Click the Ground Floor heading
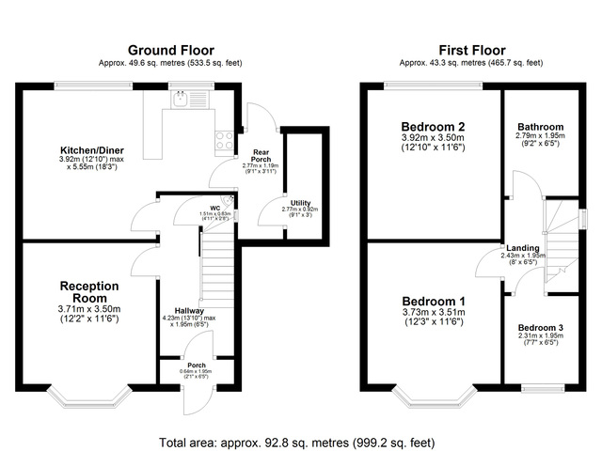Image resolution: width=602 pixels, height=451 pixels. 170,50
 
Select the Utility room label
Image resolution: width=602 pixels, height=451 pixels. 300,203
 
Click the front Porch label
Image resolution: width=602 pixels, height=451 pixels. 196,365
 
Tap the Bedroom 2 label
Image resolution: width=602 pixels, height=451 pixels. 433,127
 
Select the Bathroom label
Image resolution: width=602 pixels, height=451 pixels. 540,128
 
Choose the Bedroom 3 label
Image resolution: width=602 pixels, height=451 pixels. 540,328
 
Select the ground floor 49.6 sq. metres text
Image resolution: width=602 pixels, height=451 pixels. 170,63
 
